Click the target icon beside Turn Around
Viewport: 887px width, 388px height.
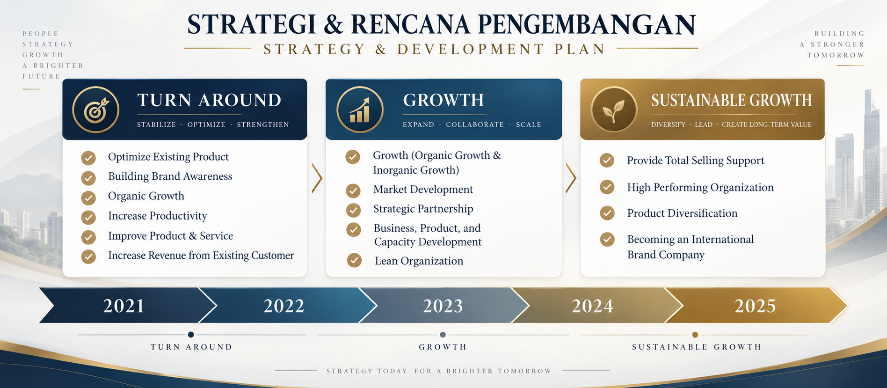coord(96,110)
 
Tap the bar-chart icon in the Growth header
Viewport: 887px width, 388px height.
coord(360,110)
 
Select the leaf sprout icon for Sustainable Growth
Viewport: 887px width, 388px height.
coord(614,110)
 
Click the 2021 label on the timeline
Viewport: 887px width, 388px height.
coord(124,306)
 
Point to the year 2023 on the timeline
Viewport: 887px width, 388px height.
coord(443,306)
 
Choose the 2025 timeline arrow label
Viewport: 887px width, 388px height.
coord(755,306)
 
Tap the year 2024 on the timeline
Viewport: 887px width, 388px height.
coord(593,306)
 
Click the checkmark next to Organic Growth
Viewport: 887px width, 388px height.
coord(88,198)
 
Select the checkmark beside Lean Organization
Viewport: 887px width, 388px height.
coord(354,260)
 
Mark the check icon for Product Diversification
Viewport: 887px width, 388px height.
coord(607,213)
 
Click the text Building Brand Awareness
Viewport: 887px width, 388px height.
coord(170,176)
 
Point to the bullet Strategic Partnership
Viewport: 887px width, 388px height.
coord(423,209)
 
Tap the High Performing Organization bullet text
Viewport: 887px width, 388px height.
coord(700,187)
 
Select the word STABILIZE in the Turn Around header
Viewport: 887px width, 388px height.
coord(156,124)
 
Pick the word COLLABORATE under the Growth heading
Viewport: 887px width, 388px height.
coord(475,124)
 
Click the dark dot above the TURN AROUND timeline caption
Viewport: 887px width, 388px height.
coord(191,335)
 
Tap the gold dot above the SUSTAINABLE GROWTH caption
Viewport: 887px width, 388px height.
coord(695,335)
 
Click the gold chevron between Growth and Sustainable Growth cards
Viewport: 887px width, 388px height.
coord(571,178)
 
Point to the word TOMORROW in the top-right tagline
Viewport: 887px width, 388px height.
coord(836,55)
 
